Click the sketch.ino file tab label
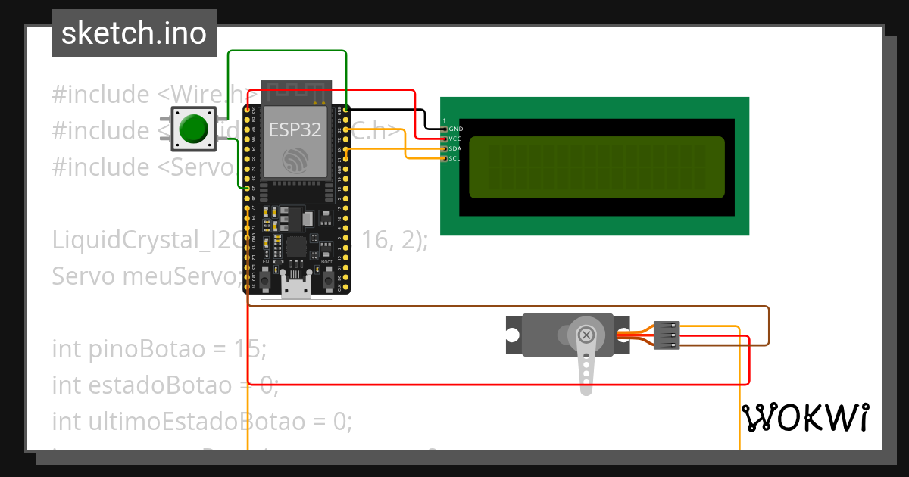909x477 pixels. click(x=133, y=33)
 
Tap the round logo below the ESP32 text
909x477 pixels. click(x=295, y=161)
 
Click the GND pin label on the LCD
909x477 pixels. click(x=456, y=129)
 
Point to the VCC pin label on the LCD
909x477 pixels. click(x=455, y=139)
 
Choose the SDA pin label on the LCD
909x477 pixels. click(x=455, y=149)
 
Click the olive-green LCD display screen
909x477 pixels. click(x=597, y=167)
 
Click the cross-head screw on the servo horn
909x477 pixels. click(x=586, y=335)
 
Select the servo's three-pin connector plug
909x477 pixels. click(x=667, y=335)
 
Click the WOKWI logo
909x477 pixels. click(x=804, y=418)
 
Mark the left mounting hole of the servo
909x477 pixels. click(x=513, y=335)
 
